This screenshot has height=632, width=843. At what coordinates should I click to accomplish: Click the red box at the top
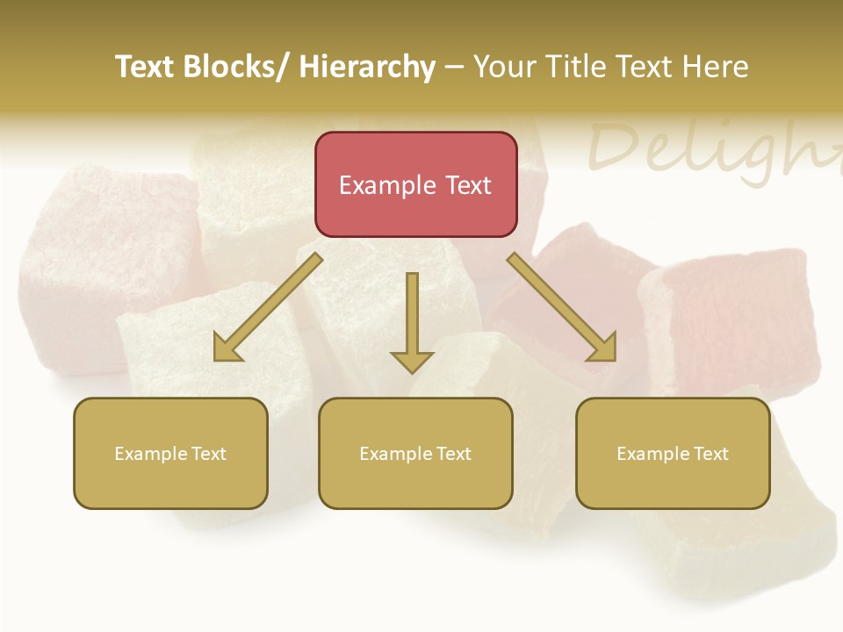point(415,184)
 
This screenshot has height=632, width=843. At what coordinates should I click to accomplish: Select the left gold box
point(170,453)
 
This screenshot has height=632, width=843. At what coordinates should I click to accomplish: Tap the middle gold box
point(415,453)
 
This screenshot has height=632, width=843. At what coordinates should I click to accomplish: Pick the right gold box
point(673,453)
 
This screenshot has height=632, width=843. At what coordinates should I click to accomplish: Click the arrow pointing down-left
point(268,307)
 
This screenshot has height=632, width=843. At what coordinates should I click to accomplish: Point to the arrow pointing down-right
point(562,307)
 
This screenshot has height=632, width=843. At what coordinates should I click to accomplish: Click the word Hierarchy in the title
point(367,67)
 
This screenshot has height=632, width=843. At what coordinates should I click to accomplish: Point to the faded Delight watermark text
point(711,149)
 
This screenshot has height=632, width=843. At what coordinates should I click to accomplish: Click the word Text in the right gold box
point(710,454)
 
